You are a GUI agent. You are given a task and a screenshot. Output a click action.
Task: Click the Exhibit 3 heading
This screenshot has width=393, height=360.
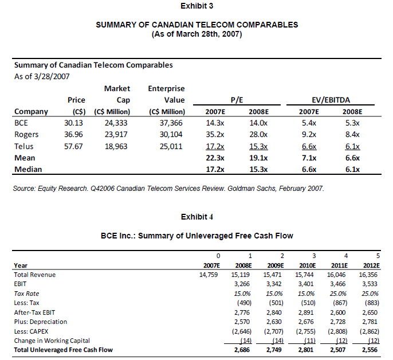coord(196,6)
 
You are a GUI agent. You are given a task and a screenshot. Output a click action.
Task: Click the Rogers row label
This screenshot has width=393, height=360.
coord(26,135)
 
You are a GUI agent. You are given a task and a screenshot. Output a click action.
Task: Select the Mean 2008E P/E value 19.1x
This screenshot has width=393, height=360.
coord(261,158)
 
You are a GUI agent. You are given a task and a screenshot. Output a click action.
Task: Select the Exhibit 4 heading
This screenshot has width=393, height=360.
coord(196,217)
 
